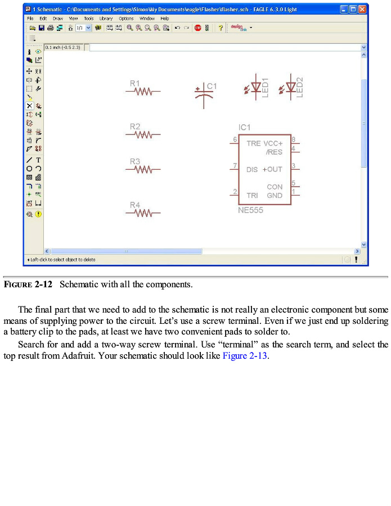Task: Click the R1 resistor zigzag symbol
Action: coord(144,91)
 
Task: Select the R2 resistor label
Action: coord(135,127)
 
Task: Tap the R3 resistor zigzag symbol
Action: coord(144,169)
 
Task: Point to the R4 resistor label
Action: coord(135,205)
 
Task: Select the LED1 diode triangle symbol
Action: coord(256,88)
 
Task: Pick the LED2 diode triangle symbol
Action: coord(290,88)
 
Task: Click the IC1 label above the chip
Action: coord(245,128)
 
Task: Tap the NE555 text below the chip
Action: coord(250,211)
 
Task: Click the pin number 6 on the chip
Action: coord(235,139)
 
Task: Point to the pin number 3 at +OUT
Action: coord(294,166)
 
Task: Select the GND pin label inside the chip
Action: coord(275,196)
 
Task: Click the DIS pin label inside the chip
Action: coord(252,169)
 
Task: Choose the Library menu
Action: coord(106,19)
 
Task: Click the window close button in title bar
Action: coord(363,9)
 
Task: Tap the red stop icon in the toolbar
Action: coord(197,28)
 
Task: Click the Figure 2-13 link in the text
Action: coord(245,356)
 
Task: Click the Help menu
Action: coord(164,19)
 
